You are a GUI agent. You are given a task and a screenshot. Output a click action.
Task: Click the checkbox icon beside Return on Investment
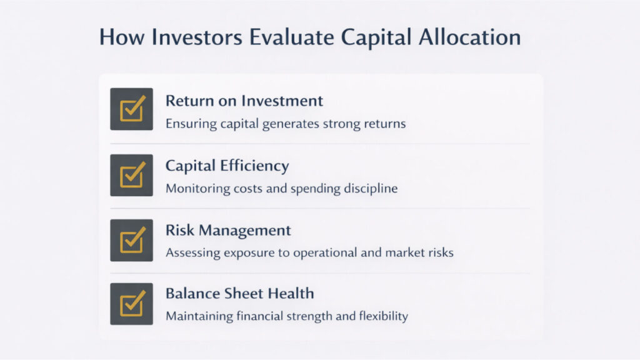[x=132, y=109]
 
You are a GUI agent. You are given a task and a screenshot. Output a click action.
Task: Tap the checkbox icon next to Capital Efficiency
[x=132, y=176]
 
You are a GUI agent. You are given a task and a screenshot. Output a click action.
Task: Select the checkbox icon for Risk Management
[x=132, y=240]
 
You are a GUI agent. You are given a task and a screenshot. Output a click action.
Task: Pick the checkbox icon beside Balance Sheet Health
[x=132, y=304]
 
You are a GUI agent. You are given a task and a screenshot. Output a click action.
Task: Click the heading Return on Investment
[x=244, y=101]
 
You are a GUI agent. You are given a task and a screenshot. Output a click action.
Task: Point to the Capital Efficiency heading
[x=227, y=166]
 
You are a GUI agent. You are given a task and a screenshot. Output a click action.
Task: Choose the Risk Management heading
[x=228, y=230]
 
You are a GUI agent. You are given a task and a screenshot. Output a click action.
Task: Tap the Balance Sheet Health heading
[x=239, y=293]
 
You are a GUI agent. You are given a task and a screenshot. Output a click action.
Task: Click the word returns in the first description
[x=386, y=124]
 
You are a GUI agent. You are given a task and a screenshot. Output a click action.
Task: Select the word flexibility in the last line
[x=382, y=316]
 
